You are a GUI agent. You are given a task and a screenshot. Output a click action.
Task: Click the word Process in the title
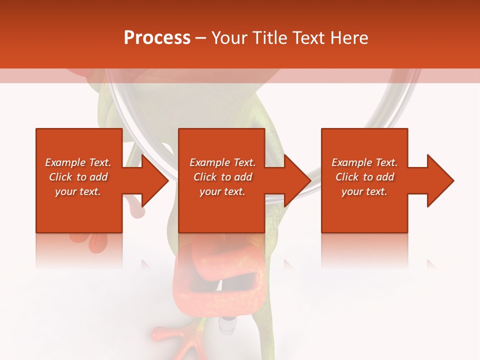click(157, 38)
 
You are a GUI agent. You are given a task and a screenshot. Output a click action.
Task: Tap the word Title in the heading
click(269, 38)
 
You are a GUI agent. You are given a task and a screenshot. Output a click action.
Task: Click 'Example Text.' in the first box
click(78, 162)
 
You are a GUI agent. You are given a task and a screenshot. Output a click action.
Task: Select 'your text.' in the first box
click(78, 191)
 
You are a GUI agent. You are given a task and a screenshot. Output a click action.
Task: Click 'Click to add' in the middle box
click(222, 177)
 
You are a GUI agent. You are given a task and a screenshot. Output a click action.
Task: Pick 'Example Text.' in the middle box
click(222, 162)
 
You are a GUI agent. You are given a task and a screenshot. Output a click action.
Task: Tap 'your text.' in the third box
click(364, 191)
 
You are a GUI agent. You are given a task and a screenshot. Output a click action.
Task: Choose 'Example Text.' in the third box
click(364, 162)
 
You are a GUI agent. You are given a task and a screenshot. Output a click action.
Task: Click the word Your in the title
click(229, 38)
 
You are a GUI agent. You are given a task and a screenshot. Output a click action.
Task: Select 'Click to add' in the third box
click(364, 177)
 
